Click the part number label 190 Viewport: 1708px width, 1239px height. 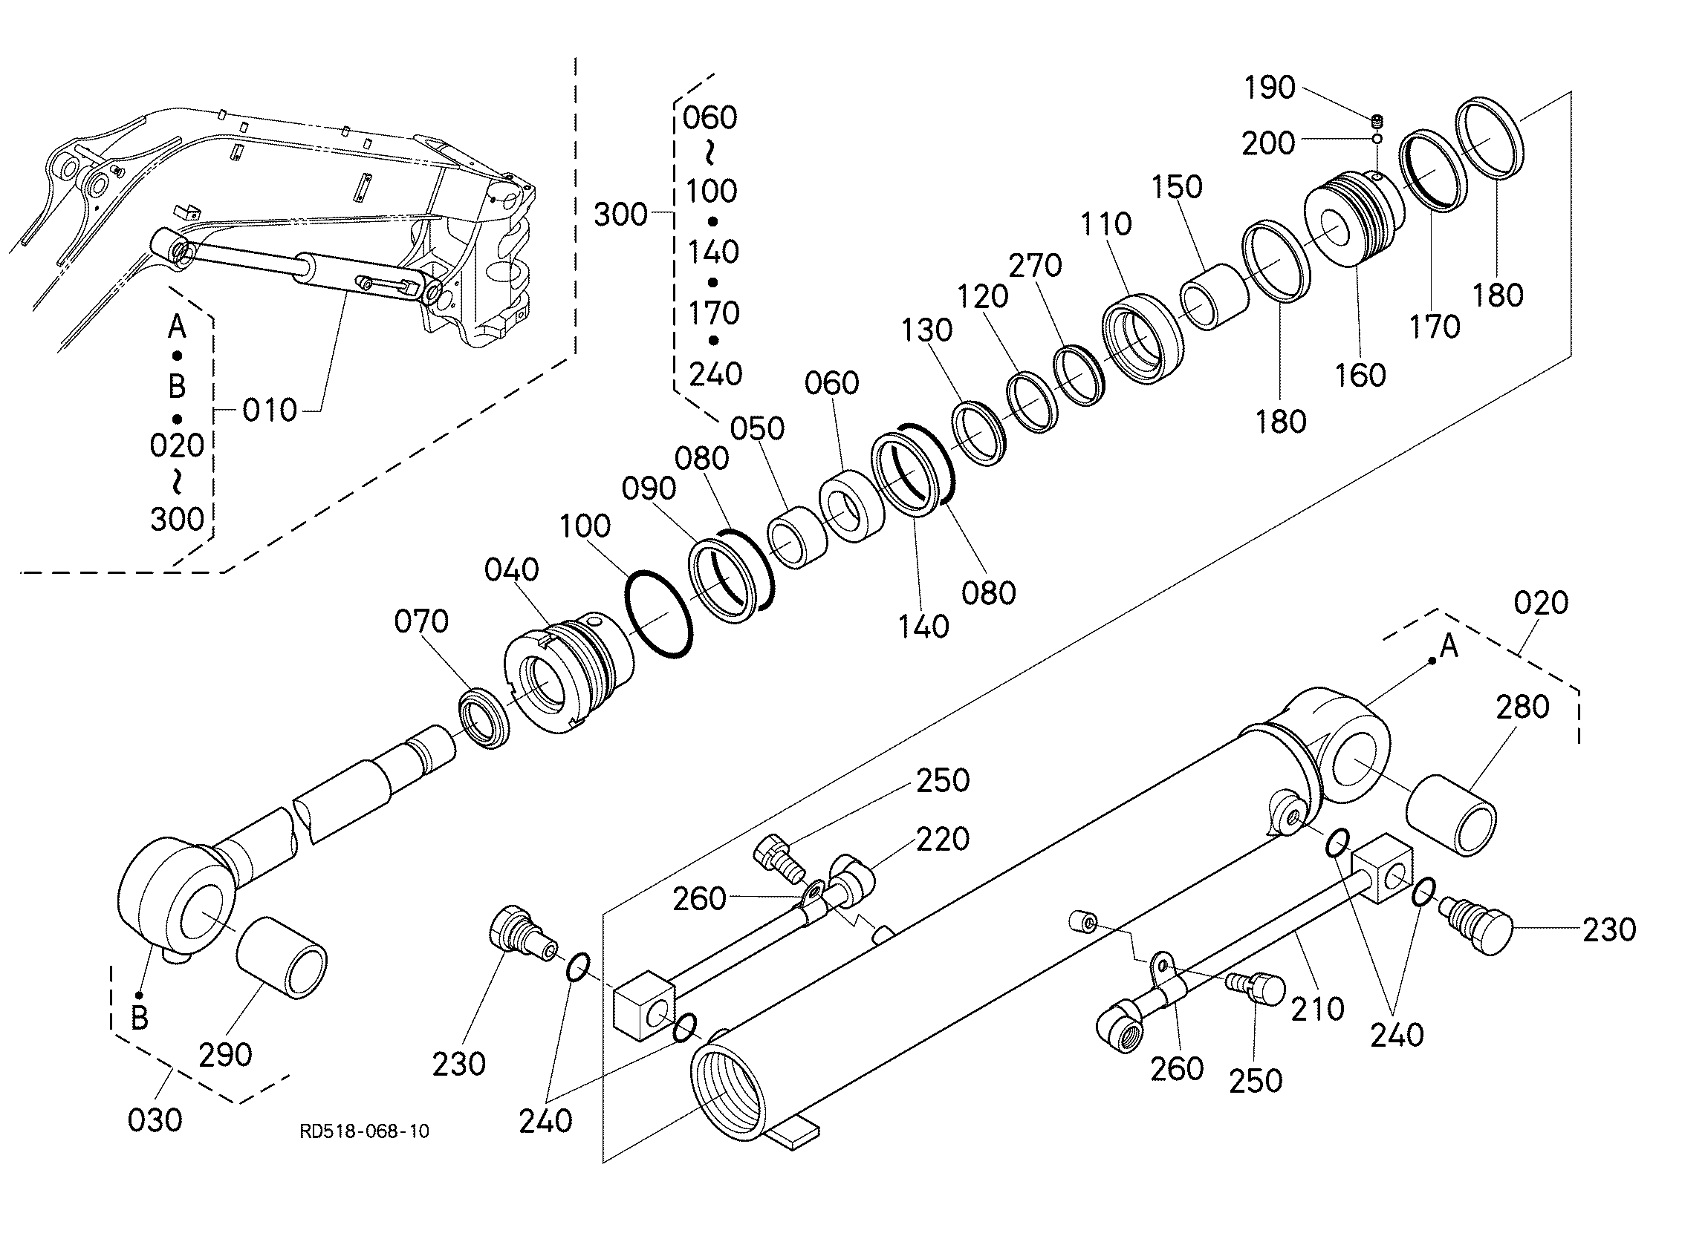(1270, 88)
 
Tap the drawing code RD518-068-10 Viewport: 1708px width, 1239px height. (366, 1131)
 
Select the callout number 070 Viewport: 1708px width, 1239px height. (422, 622)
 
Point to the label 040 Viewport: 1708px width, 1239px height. (512, 570)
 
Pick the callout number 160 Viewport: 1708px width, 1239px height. (1360, 375)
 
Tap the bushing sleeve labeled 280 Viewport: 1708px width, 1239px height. (1452, 815)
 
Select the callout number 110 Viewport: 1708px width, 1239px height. (1105, 224)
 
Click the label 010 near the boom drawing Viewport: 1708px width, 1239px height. (270, 411)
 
